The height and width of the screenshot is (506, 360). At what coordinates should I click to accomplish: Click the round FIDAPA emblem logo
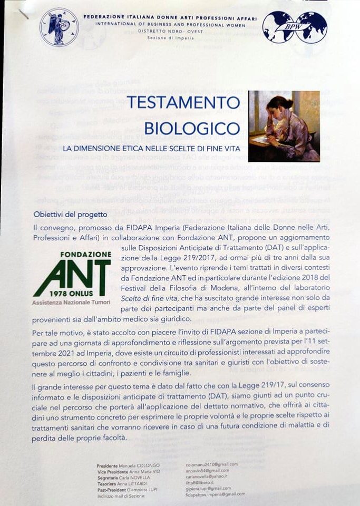[x=59, y=27]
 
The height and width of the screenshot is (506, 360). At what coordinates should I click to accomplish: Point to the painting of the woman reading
[x=284, y=126]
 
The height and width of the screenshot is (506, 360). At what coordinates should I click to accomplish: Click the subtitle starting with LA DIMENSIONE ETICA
[x=151, y=149]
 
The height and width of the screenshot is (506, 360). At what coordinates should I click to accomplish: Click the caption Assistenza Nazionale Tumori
[x=71, y=303]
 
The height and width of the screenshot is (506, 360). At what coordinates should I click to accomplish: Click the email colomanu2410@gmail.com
[x=212, y=464]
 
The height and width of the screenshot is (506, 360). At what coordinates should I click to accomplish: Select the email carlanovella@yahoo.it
[x=210, y=476]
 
